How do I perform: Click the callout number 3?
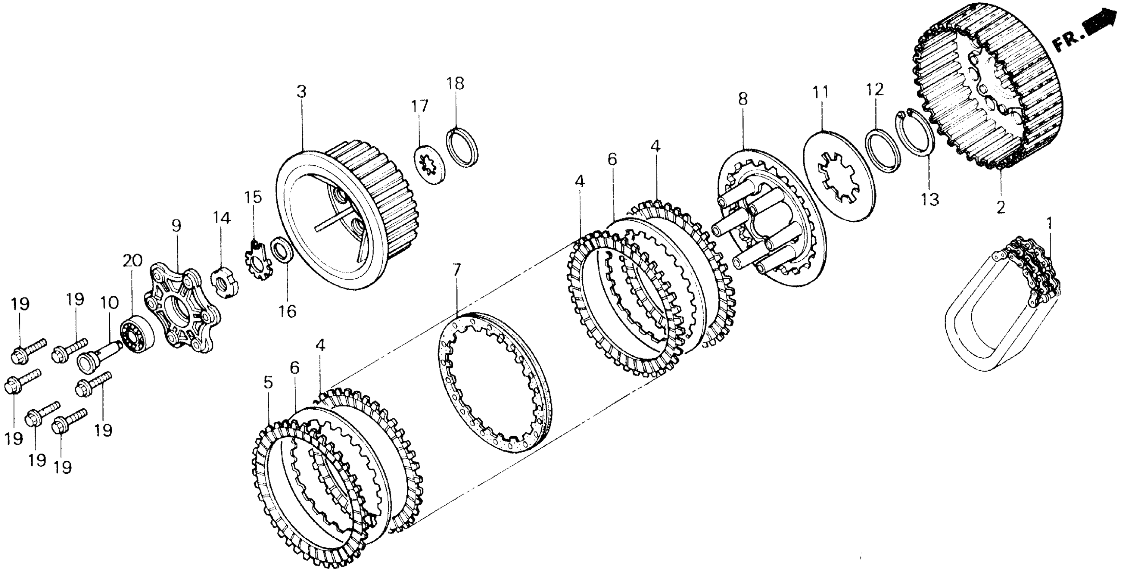(x=302, y=92)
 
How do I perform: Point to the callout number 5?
(x=268, y=383)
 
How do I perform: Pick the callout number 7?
(x=457, y=270)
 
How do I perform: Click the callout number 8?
(x=743, y=99)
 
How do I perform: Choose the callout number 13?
(x=930, y=199)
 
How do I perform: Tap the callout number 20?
(x=132, y=261)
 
